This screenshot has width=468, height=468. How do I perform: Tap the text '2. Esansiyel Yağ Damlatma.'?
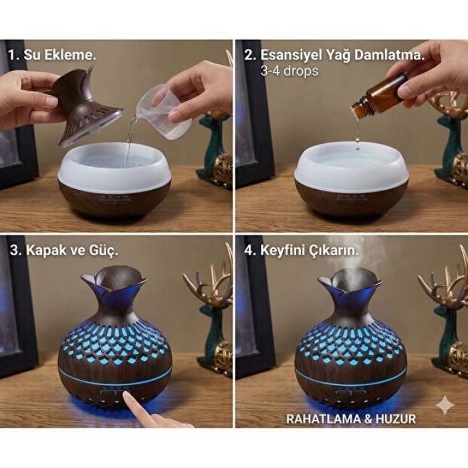(334, 55)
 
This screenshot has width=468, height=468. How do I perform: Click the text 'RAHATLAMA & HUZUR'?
(350, 419)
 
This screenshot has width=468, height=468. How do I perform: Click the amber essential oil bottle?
(381, 97)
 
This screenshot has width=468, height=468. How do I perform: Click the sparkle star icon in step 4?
(444, 405)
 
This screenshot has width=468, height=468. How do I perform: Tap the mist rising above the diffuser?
(351, 254)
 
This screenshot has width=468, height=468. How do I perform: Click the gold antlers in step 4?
(445, 284)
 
